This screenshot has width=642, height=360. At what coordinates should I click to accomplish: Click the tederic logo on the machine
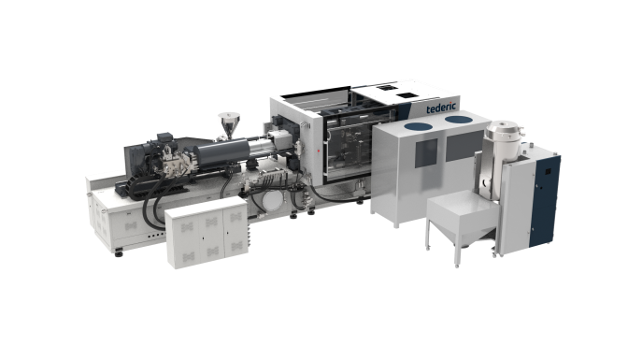(440, 108)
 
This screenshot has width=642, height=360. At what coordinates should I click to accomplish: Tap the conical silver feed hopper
(229, 125)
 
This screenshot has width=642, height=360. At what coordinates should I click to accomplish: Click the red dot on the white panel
(319, 151)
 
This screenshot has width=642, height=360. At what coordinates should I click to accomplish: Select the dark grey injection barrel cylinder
(222, 153)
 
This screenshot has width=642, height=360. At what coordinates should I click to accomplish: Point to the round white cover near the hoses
(272, 201)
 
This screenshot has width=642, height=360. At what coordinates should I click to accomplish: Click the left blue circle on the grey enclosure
(418, 126)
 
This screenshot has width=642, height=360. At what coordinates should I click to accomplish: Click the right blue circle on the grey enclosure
(459, 120)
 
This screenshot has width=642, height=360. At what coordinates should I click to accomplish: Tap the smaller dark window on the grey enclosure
(426, 152)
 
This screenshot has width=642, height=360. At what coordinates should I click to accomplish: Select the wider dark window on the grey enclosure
(464, 145)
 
